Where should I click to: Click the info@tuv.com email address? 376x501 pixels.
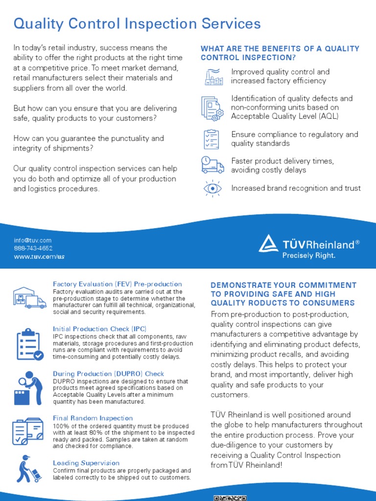click(x=32, y=240)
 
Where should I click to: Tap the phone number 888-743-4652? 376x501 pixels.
click(x=33, y=248)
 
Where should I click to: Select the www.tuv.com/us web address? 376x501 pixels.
click(x=39, y=256)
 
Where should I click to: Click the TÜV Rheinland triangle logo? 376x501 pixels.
click(x=268, y=244)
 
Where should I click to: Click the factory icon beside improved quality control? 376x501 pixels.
click(x=212, y=76)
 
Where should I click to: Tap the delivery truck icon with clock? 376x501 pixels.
click(x=212, y=165)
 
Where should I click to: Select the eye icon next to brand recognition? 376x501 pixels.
click(x=212, y=188)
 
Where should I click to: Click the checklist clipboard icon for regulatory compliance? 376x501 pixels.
click(x=211, y=139)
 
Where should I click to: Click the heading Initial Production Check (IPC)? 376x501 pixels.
click(x=99, y=329)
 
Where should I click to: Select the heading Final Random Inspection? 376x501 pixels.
click(x=93, y=418)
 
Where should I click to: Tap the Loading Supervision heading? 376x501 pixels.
click(x=86, y=463)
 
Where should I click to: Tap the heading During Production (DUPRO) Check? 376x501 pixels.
click(x=108, y=374)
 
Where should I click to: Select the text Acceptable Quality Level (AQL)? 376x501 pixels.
click(x=284, y=116)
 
